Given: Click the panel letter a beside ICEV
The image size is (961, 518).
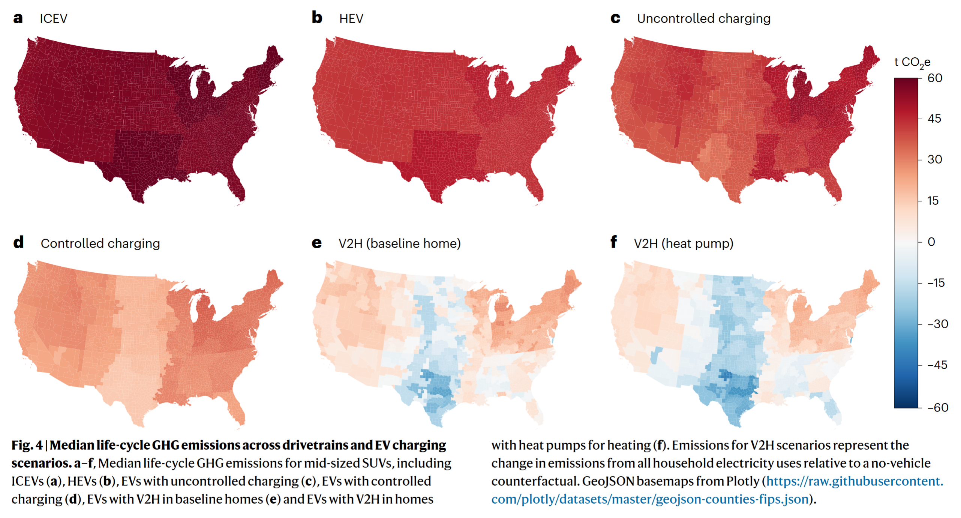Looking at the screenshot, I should click(18, 18).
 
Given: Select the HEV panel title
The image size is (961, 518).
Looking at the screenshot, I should click(351, 18).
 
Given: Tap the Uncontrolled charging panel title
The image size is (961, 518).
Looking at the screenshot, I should click(703, 18).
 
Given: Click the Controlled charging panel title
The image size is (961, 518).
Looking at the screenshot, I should click(100, 243).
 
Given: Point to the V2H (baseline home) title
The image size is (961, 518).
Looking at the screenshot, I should click(399, 243).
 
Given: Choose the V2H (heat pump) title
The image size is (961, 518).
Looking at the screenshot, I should click(683, 243).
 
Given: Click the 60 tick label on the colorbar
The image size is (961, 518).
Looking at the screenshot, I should click(934, 78).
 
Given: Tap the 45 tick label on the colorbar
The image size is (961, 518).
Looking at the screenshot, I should click(934, 119).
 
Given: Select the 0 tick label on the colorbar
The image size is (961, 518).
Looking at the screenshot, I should click(931, 242).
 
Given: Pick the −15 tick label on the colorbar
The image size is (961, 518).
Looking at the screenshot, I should click(936, 283).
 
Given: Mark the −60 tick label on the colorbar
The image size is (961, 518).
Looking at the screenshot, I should click(937, 407).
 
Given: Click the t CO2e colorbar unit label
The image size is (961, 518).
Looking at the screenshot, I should click(912, 62).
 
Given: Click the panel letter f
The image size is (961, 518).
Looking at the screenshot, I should click(613, 242).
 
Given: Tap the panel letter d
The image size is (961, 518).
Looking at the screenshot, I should click(18, 242).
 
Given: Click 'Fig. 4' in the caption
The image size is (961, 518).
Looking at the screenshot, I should click(27, 445).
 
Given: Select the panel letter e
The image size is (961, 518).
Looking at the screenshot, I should click(316, 243).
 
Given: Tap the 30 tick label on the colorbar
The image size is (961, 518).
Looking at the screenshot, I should click(934, 159).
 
